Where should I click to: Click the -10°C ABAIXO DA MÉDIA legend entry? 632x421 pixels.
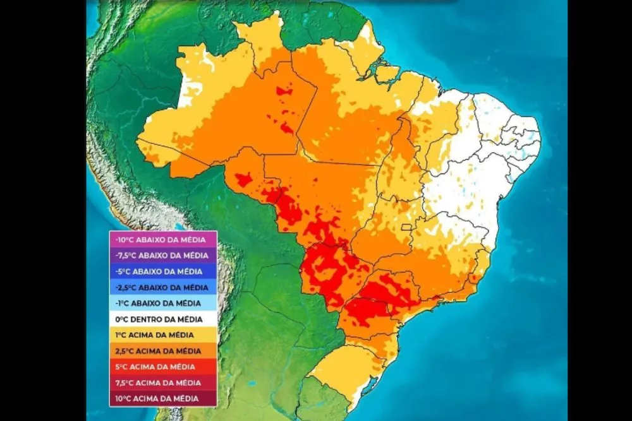(163, 239)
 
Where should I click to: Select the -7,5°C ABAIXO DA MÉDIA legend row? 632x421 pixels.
(163, 255)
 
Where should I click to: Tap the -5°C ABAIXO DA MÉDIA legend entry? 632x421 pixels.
(163, 271)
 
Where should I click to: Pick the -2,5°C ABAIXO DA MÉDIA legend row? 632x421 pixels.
(163, 287)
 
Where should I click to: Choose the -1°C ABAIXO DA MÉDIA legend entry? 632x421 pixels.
(163, 303)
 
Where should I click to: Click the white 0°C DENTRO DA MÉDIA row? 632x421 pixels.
(163, 319)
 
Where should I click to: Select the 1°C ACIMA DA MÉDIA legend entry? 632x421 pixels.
(163, 335)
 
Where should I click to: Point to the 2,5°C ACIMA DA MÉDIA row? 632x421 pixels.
(163, 350)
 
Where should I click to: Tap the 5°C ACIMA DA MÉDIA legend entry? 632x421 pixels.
(163, 366)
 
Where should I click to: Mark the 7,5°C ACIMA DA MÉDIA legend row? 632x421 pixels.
(163, 382)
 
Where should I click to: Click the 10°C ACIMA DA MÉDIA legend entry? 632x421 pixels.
(163, 398)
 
